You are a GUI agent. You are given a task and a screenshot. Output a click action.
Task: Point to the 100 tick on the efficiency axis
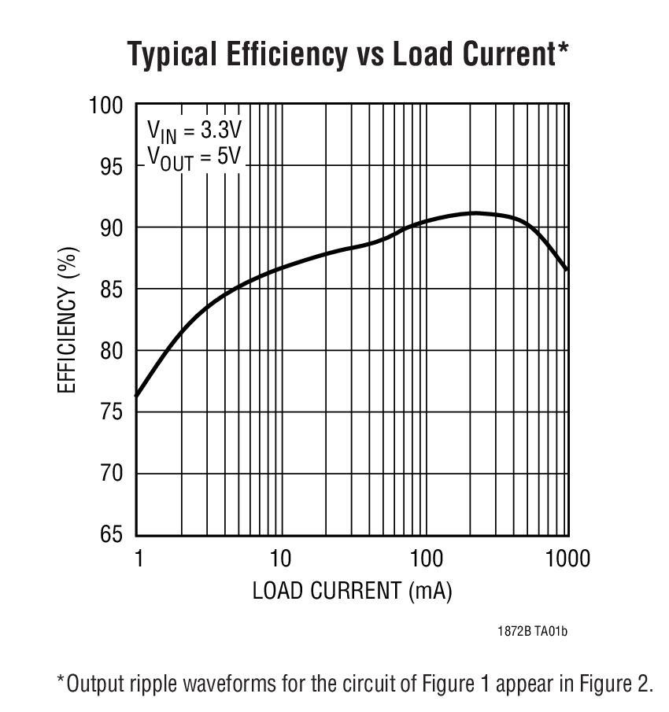point(106,105)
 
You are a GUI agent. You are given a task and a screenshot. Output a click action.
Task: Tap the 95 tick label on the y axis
point(112,166)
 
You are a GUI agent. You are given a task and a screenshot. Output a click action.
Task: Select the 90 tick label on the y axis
point(112,227)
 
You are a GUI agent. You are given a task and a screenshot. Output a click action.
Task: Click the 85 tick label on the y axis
point(112,289)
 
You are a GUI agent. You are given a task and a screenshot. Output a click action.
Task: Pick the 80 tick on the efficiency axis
point(112,350)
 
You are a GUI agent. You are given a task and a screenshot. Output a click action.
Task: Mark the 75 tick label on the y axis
point(112,411)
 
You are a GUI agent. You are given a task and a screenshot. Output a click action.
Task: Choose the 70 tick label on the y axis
point(112,473)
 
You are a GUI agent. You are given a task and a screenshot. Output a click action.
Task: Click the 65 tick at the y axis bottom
point(112,534)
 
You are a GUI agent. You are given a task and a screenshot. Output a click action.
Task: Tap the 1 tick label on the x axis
point(139,559)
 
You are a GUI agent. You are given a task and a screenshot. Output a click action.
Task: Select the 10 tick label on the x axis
point(280,559)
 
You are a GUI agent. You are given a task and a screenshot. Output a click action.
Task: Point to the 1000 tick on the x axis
point(567,559)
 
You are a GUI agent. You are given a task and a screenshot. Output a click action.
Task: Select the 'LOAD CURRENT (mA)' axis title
point(352,591)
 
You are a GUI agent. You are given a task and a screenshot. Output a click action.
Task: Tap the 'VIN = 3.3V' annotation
point(194,131)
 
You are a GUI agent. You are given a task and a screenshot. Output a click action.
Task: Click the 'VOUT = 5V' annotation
point(194,157)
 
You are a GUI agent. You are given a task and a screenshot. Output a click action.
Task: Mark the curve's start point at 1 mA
point(137,396)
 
